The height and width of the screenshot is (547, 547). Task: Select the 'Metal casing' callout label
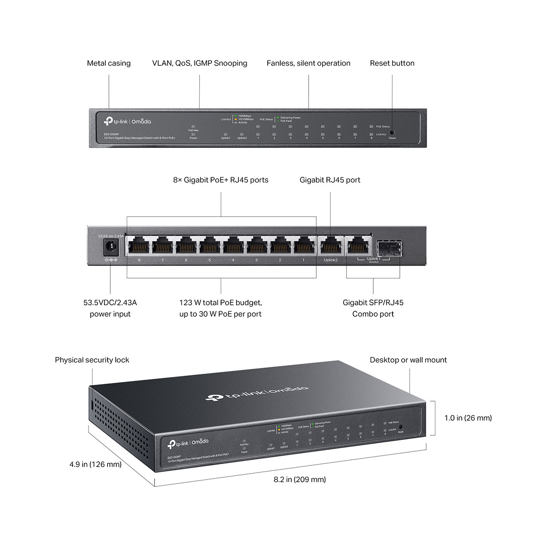pyautogui.click(x=108, y=63)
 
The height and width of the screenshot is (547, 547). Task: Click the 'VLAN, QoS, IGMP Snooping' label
pyautogui.click(x=200, y=63)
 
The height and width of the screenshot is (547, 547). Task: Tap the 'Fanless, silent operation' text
pyautogui.click(x=309, y=63)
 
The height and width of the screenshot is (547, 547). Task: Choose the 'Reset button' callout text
pyautogui.click(x=392, y=63)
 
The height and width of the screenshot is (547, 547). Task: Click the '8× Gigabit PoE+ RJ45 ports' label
pyautogui.click(x=221, y=180)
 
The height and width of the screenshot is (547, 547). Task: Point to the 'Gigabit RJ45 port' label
pyautogui.click(x=330, y=180)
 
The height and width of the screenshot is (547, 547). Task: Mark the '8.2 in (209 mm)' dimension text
pyautogui.click(x=299, y=479)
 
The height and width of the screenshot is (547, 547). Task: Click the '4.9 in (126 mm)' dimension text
pyautogui.click(x=95, y=464)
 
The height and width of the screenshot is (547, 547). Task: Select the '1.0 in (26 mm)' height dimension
pyautogui.click(x=468, y=418)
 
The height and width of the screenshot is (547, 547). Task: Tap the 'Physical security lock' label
pyautogui.click(x=92, y=360)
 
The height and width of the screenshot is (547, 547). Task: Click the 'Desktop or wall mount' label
pyautogui.click(x=408, y=360)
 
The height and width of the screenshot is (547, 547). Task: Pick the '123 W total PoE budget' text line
pyautogui.click(x=221, y=302)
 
